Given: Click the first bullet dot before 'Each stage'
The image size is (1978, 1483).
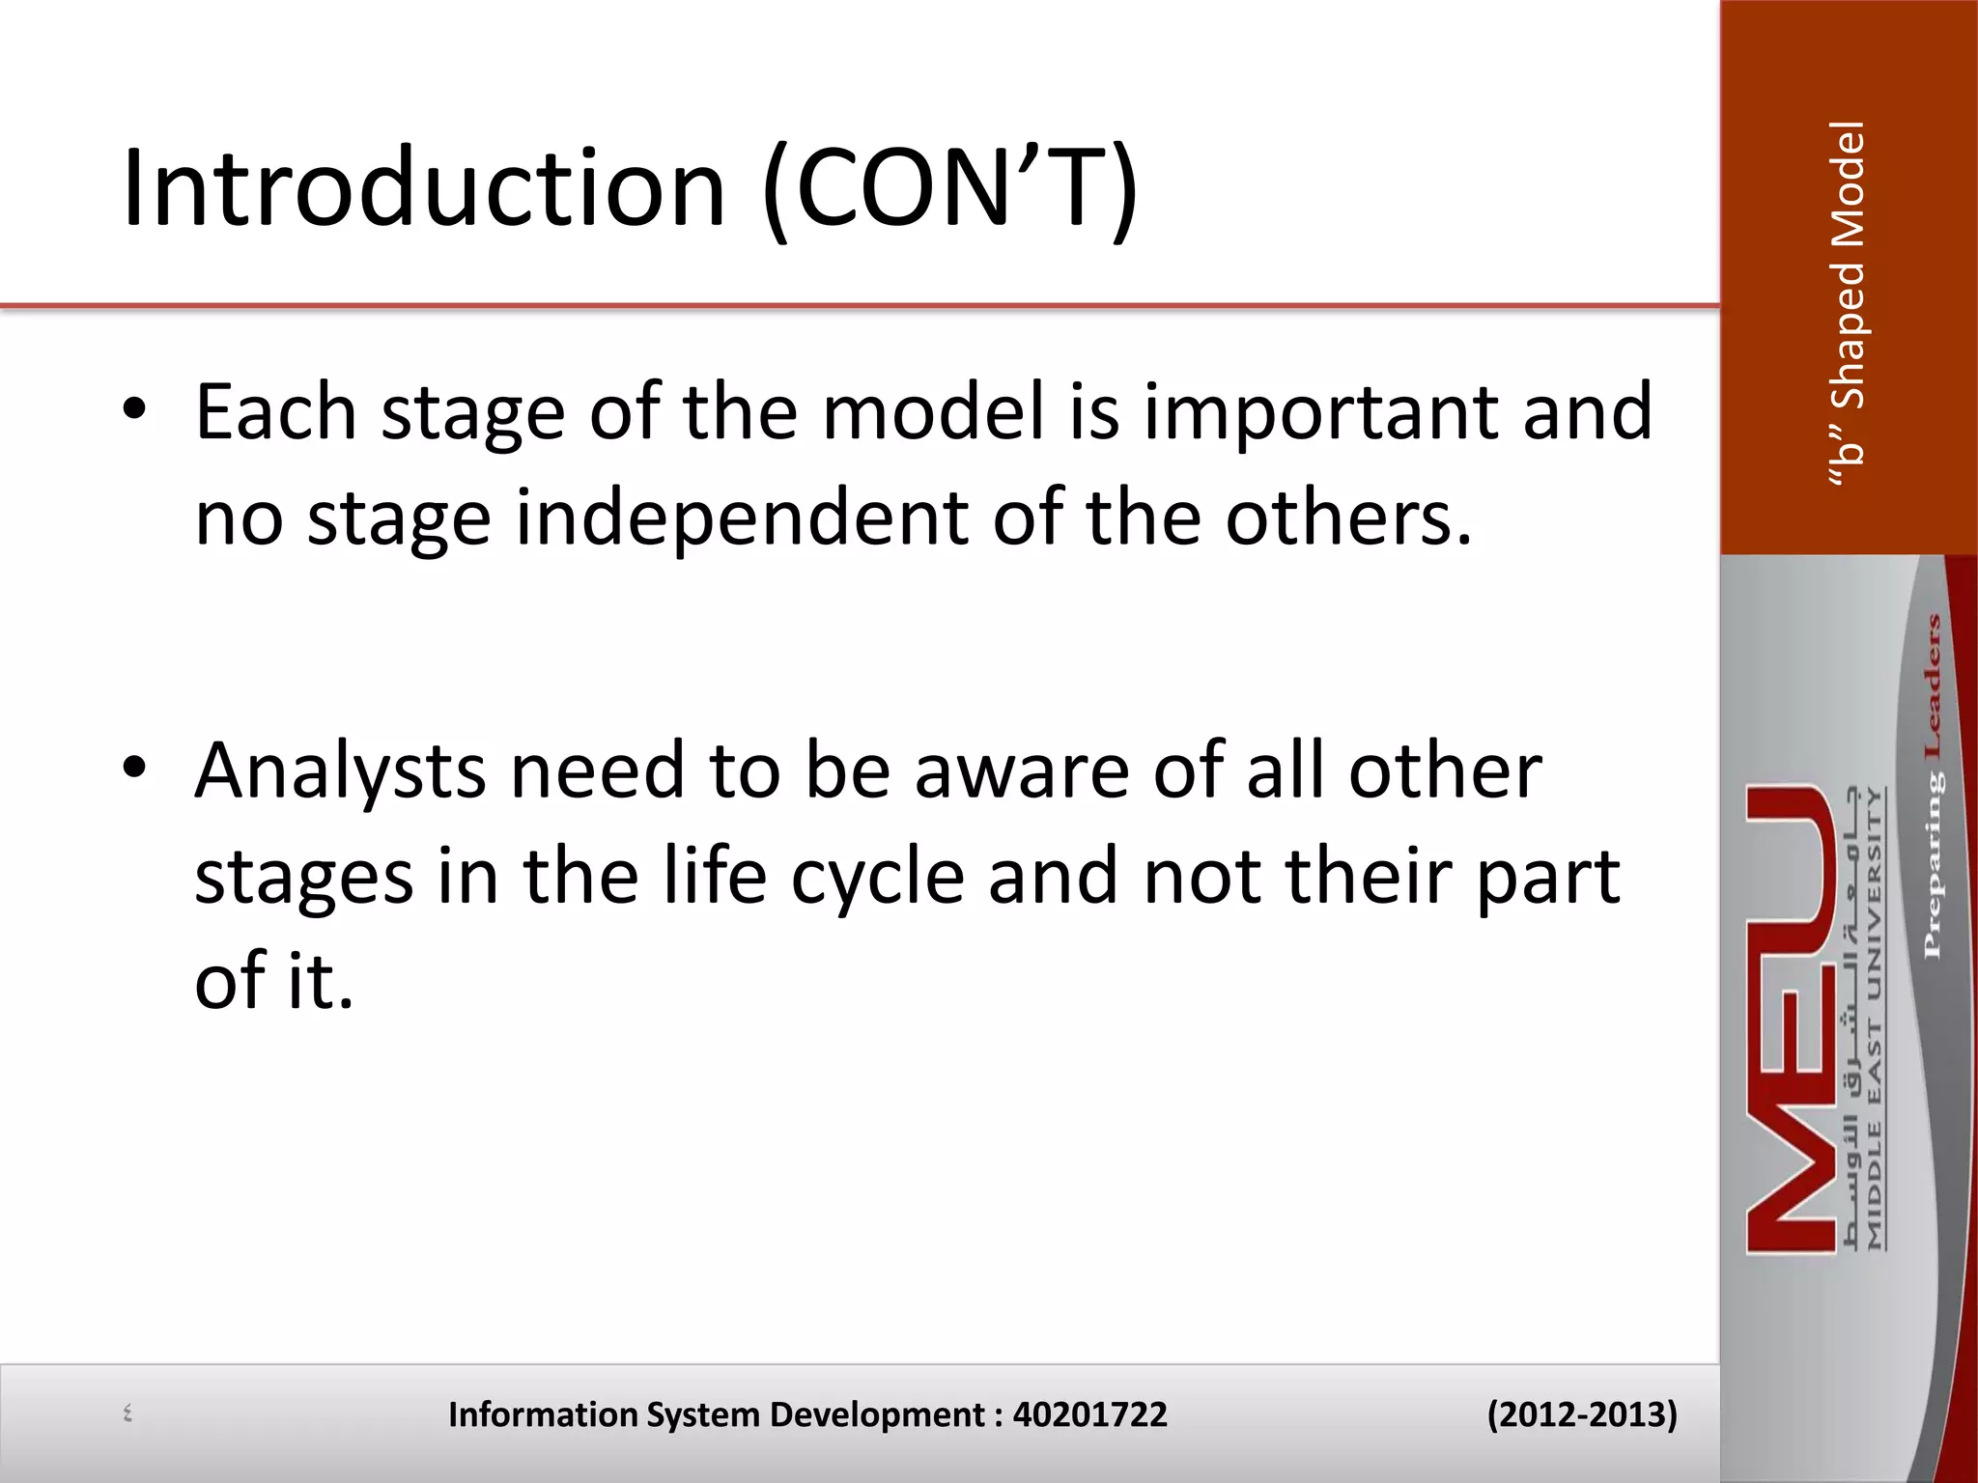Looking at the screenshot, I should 134,409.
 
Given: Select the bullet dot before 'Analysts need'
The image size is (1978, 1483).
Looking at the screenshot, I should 134,768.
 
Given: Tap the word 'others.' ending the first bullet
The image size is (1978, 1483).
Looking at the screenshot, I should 1348,518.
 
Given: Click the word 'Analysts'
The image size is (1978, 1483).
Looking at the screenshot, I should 340,772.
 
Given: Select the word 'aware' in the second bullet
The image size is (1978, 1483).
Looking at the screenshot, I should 1022,772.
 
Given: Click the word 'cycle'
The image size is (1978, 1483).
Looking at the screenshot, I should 877,878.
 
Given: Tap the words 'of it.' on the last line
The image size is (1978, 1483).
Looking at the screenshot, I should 273,981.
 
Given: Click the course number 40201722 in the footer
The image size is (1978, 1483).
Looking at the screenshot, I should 1089,1414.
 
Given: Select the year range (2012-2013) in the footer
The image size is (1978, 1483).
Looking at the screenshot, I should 1581,1414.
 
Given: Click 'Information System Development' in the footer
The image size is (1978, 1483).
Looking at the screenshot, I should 716,1414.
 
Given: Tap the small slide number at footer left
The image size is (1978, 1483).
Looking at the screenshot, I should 127,1414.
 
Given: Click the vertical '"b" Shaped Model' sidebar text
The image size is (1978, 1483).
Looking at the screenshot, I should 1848,304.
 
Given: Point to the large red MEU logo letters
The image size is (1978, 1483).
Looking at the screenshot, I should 1792,1019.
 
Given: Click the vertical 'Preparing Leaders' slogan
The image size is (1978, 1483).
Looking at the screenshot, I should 1932,787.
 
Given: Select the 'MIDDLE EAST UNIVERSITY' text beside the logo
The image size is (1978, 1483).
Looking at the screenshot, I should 1875,1019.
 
